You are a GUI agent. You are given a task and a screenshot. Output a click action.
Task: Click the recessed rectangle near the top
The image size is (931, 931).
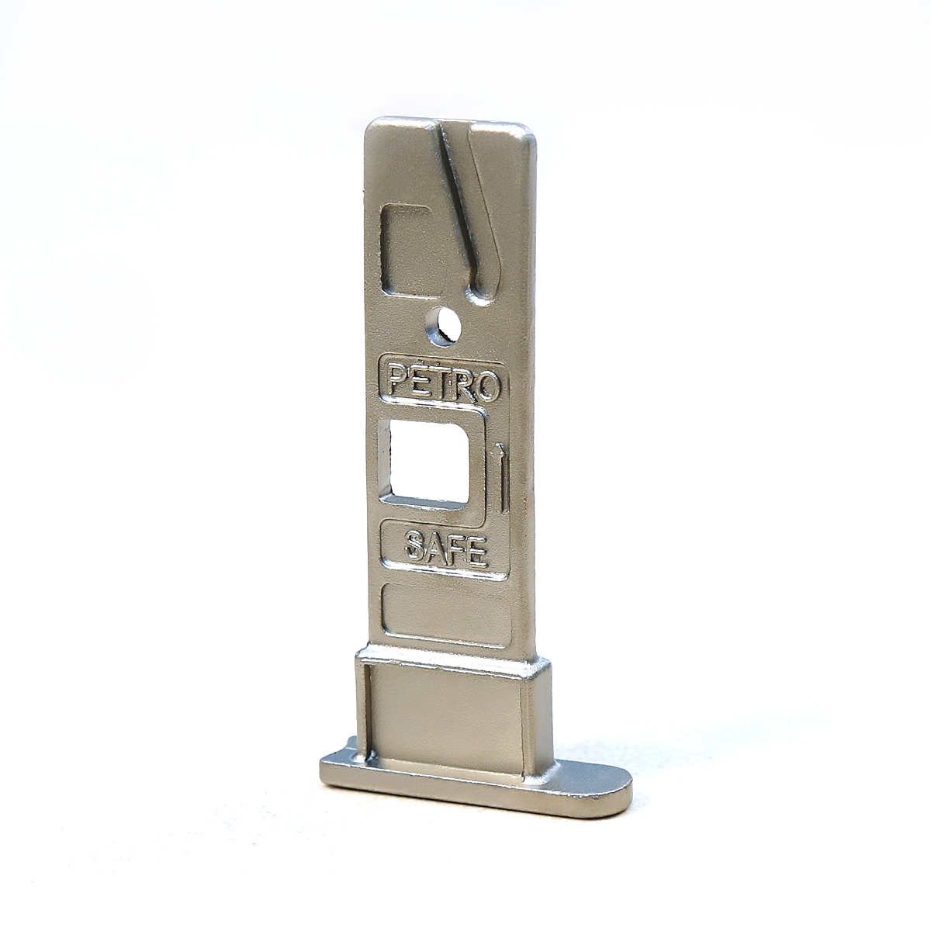pyautogui.click(x=413, y=251)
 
